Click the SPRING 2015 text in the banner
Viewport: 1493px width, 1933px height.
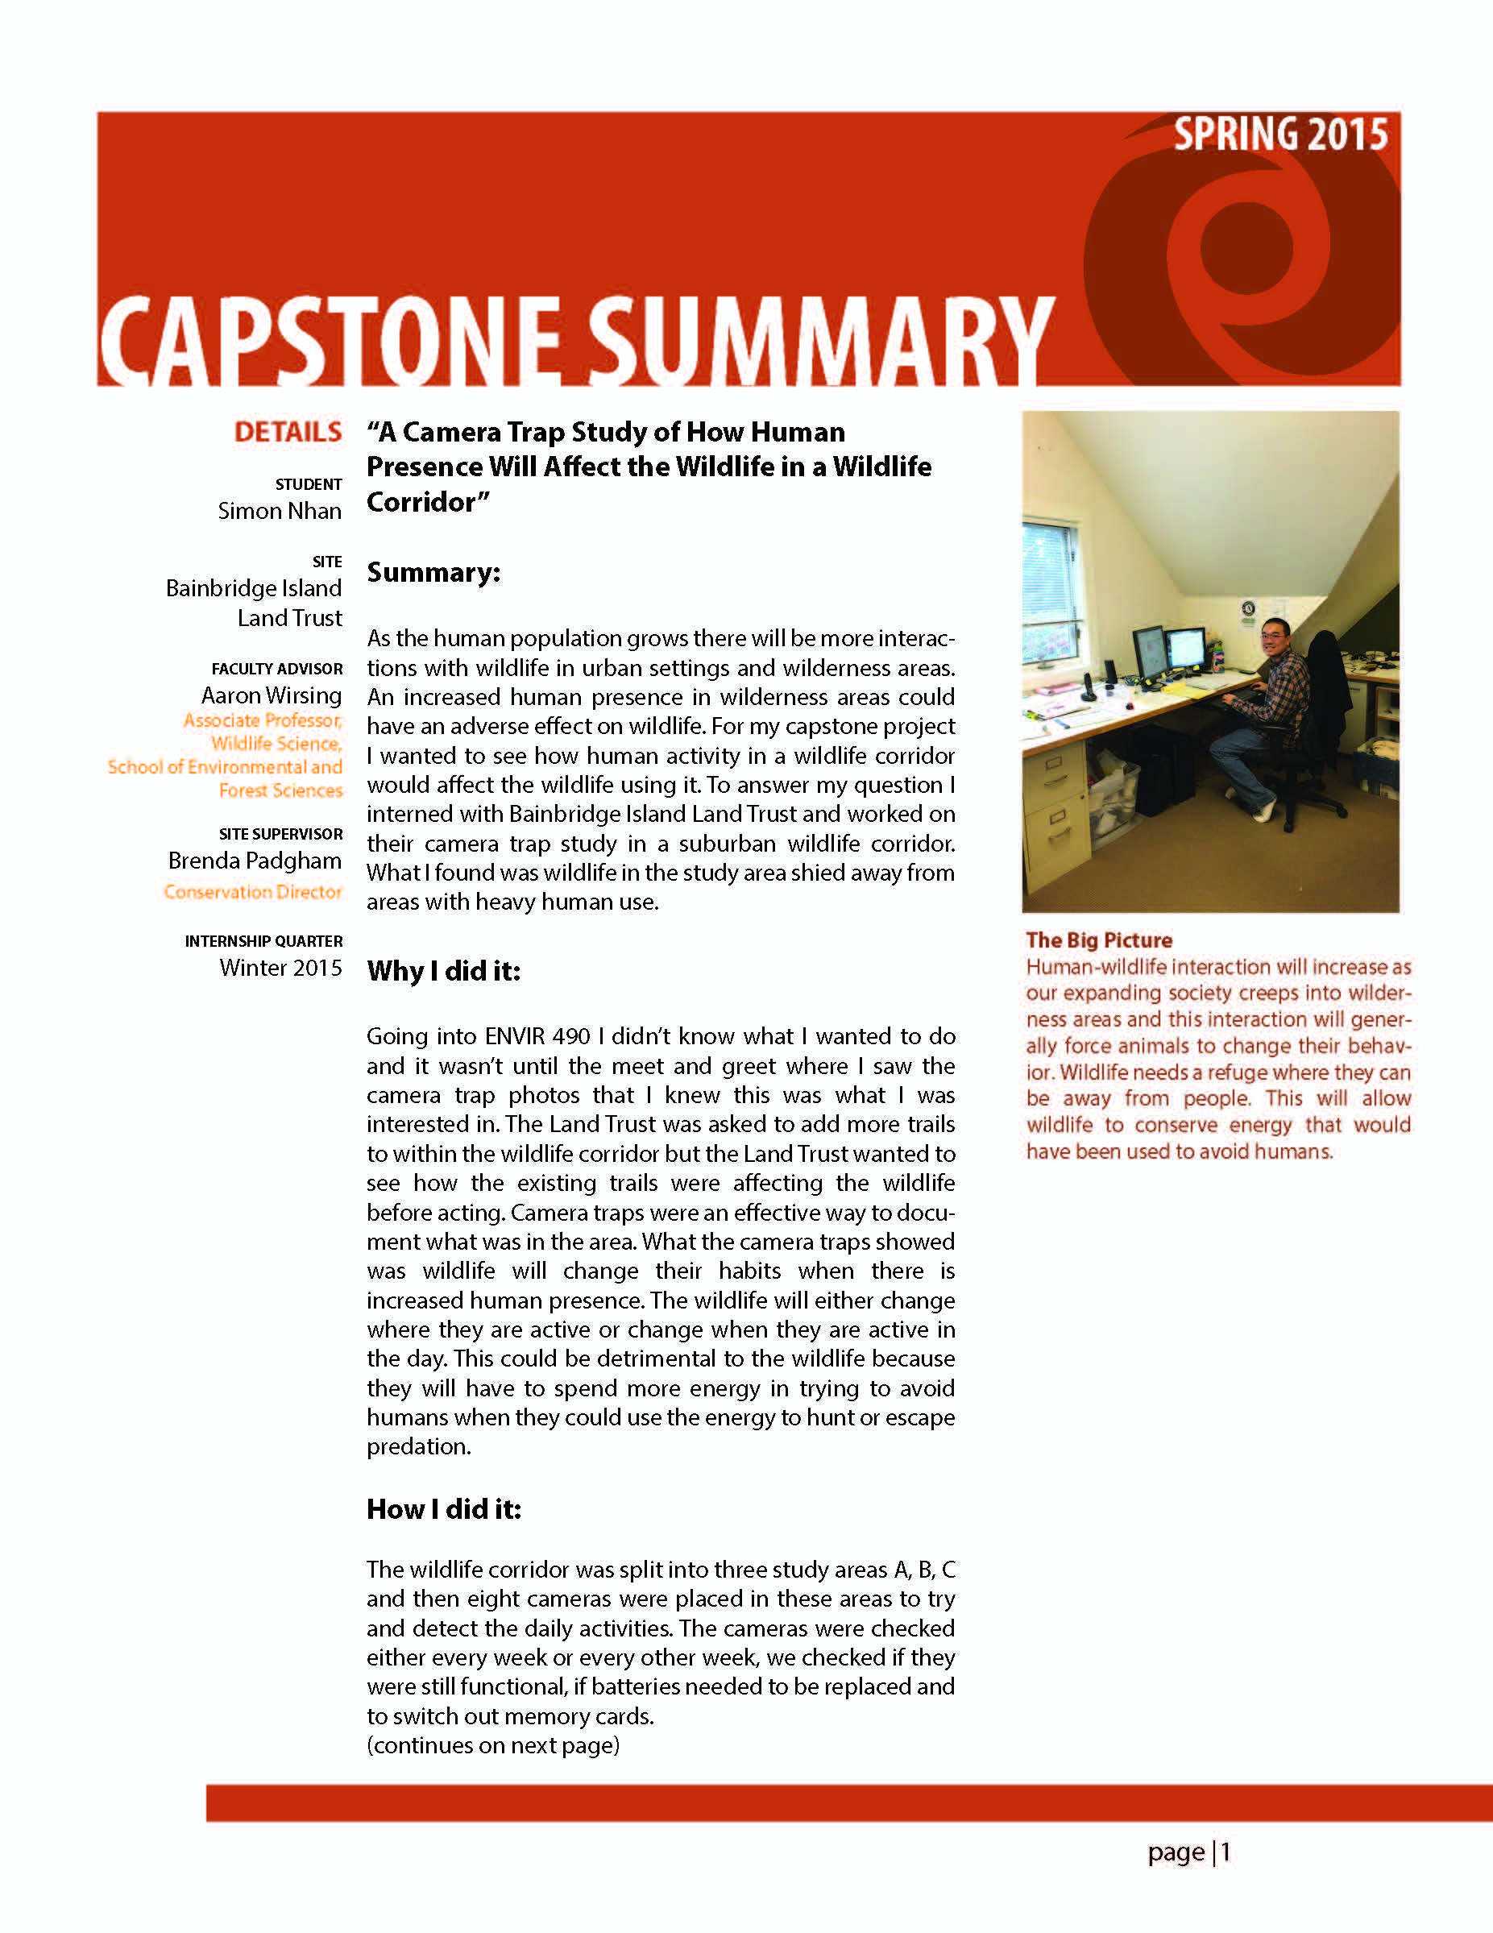click(1279, 135)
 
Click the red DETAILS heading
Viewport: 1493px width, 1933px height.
click(288, 432)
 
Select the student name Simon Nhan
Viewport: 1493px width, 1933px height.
click(280, 511)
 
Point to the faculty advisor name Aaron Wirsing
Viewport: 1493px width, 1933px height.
click(271, 695)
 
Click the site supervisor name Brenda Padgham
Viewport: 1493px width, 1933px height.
click(255, 861)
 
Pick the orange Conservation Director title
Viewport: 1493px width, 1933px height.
click(253, 891)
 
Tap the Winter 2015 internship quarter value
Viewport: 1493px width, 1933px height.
click(280, 968)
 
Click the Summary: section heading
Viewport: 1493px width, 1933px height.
click(433, 573)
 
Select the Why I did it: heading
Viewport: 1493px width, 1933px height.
click(443, 971)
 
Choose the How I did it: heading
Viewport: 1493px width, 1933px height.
click(443, 1509)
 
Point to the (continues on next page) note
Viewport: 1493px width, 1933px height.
click(493, 1744)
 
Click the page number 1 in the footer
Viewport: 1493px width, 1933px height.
click(1226, 1852)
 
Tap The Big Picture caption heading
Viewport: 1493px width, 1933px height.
click(1098, 940)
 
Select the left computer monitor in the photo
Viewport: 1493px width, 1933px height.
click(1150, 653)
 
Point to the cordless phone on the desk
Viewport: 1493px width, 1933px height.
click(1089, 686)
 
